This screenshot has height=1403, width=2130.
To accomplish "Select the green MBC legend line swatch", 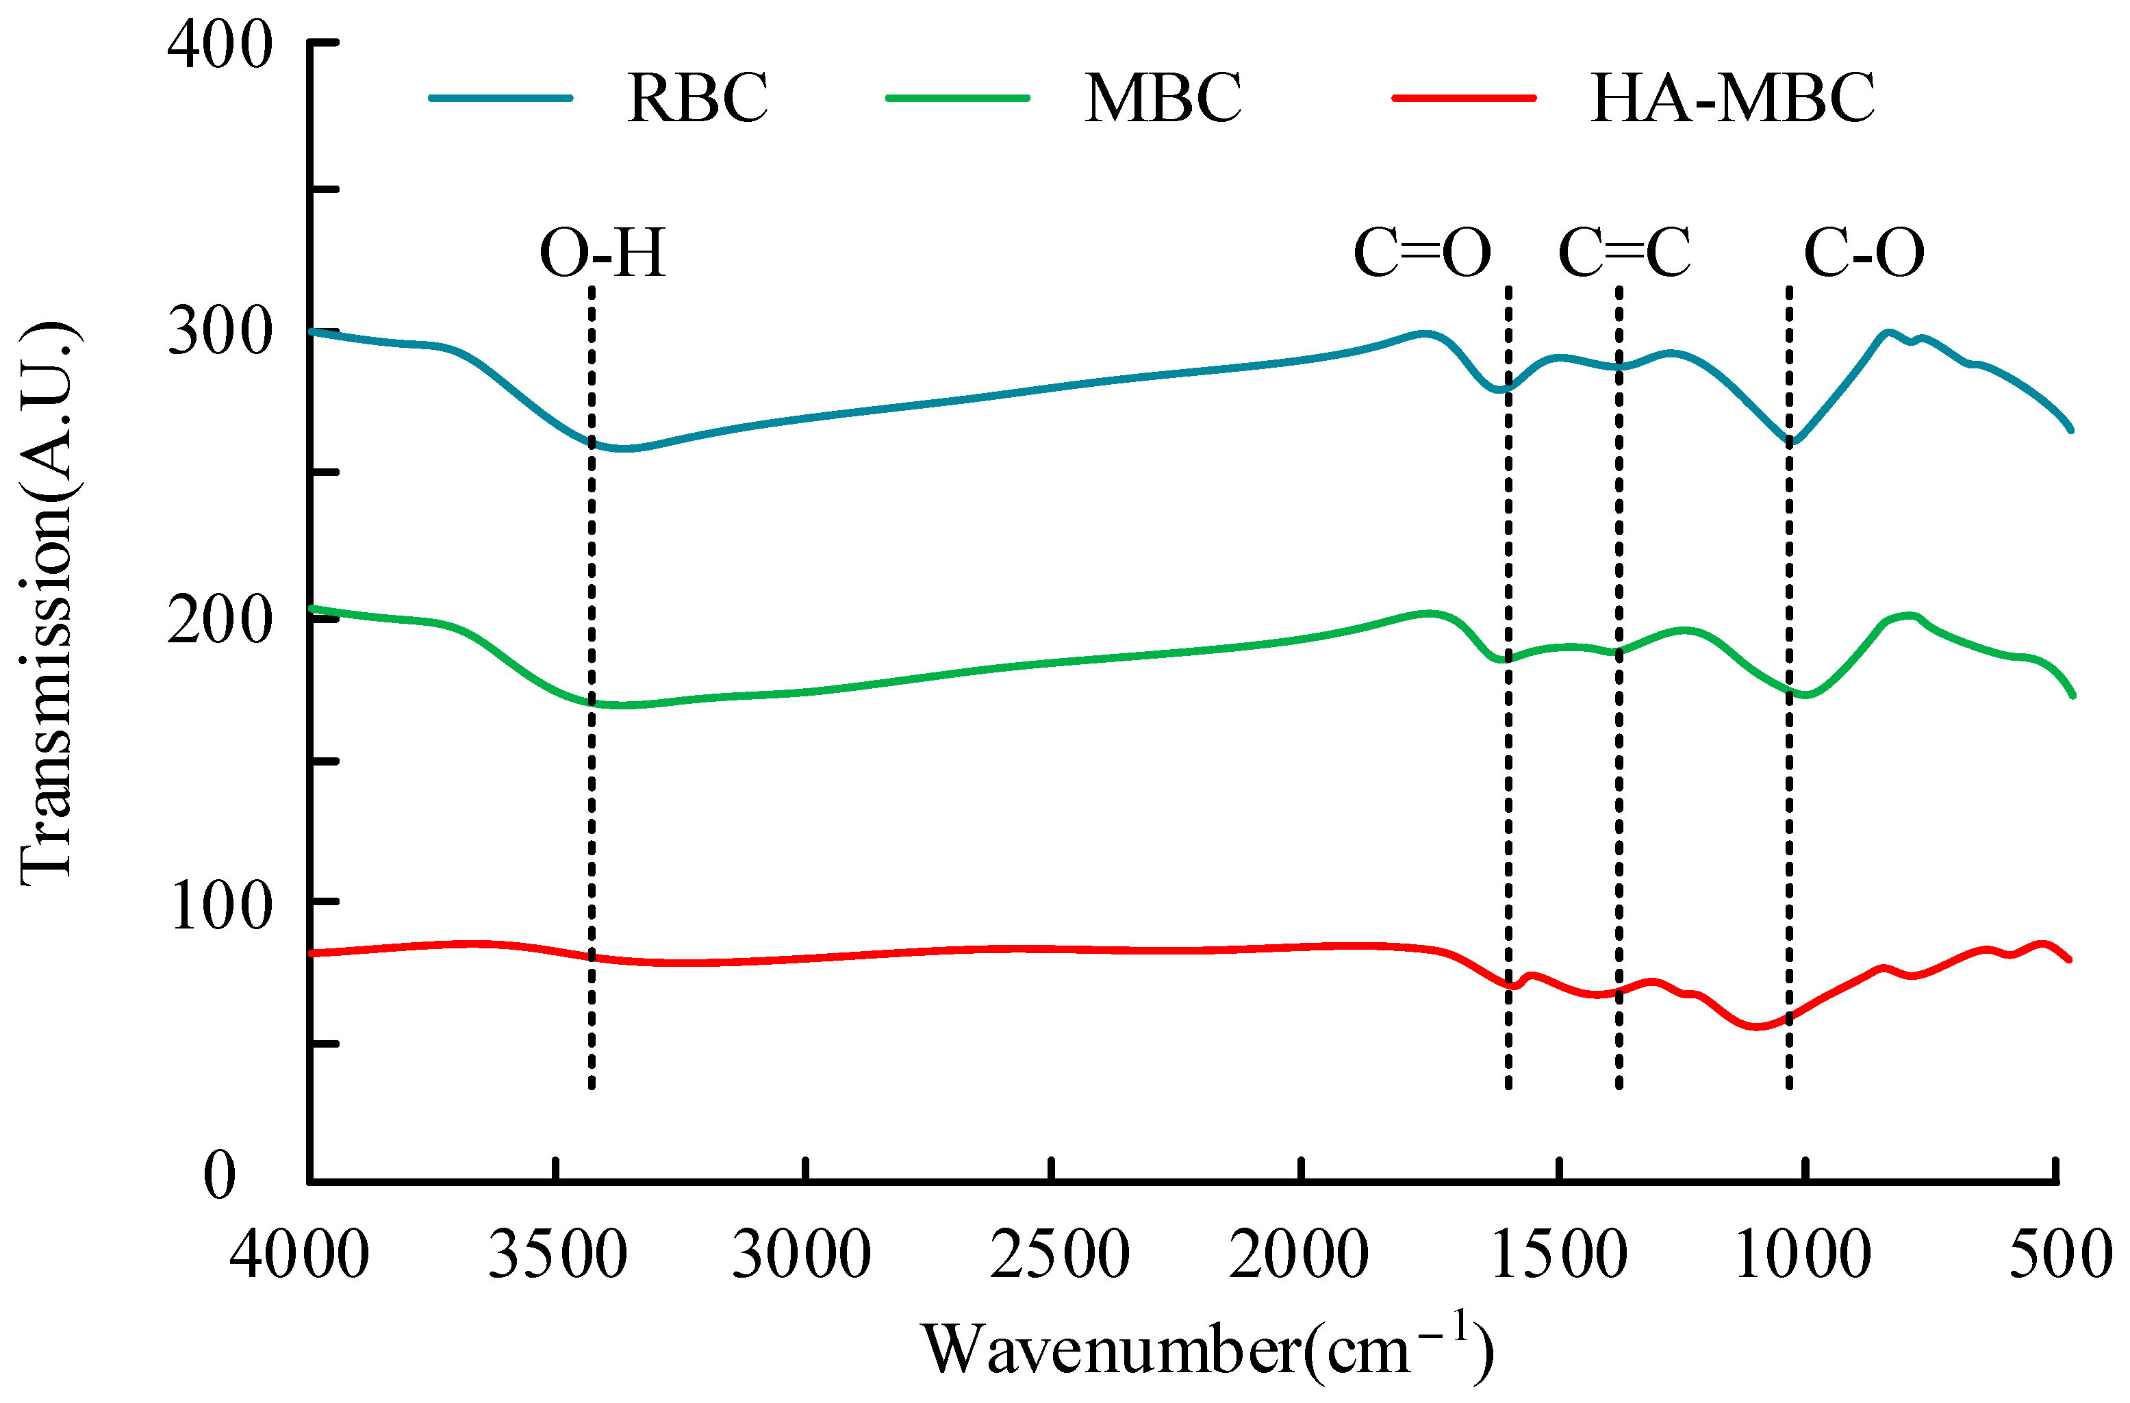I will tap(958, 97).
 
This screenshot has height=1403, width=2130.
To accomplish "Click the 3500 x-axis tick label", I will tap(557, 1254).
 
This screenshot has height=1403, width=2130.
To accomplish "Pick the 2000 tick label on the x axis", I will tap(1299, 1254).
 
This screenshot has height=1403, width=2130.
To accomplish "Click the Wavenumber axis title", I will tap(1208, 1350).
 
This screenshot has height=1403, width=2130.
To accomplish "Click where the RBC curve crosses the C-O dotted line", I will tap(1789, 440).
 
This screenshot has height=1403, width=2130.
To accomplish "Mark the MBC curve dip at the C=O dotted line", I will tap(1508, 659).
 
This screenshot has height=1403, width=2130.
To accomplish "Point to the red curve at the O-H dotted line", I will tap(592, 957).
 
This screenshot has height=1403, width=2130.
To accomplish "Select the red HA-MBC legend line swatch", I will tap(1464, 97).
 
